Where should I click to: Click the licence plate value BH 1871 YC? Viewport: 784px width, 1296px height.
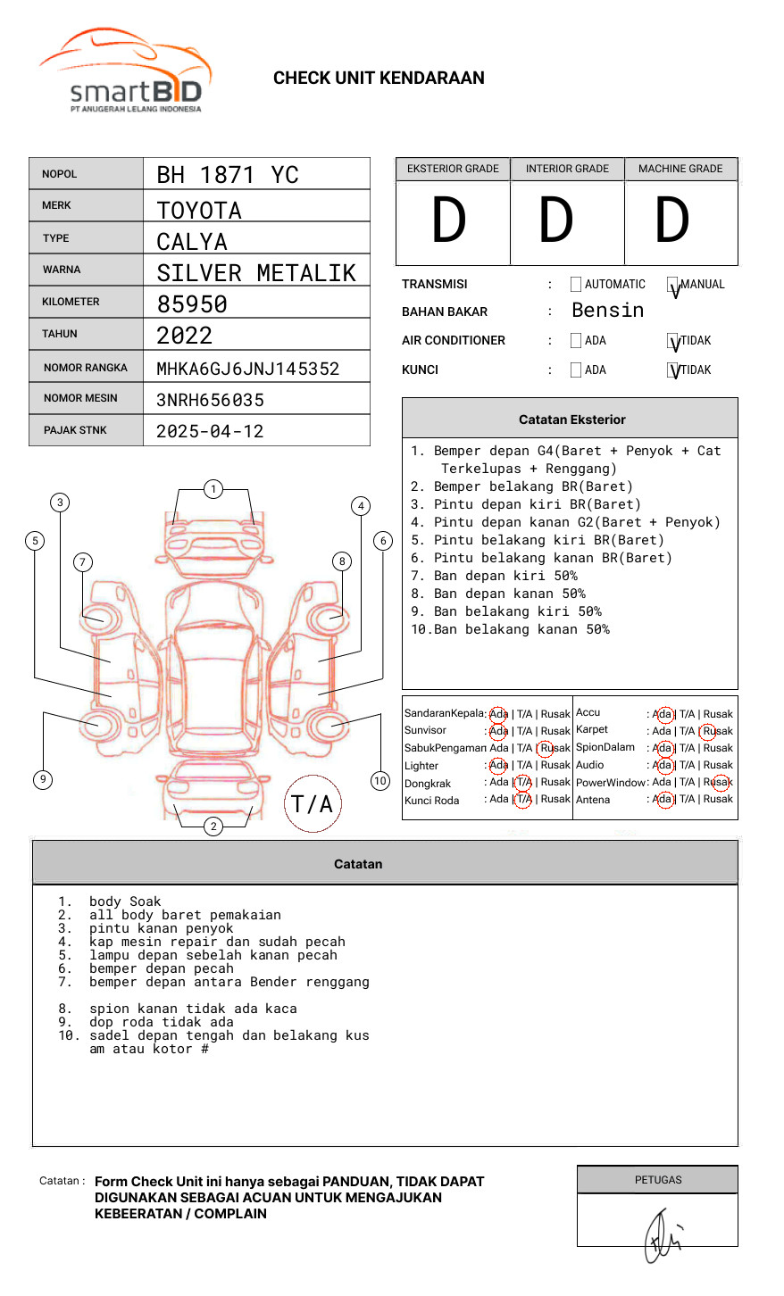coord(228,175)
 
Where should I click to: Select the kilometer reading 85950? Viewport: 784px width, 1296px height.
coord(192,304)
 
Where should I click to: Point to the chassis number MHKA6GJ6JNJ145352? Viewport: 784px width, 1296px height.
coord(247,369)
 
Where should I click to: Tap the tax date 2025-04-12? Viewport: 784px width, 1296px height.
coord(210,431)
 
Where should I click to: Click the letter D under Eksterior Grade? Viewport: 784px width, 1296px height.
coord(449,221)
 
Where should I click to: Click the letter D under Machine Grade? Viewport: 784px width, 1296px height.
coord(672,221)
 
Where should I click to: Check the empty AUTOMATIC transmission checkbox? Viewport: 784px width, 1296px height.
coord(576,285)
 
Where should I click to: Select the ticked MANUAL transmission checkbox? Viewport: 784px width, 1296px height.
coord(673,286)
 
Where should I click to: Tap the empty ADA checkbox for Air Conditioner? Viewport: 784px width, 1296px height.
coord(576,341)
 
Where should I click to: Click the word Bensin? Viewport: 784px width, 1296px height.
coord(607,311)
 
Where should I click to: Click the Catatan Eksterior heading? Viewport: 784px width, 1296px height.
coord(571,420)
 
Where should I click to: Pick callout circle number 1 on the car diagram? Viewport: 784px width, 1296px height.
coord(213,488)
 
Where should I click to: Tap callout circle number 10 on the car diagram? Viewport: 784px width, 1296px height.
coord(380,781)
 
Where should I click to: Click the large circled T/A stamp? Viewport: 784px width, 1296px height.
coord(313,803)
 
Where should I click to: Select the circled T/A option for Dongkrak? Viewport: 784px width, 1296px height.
coord(523,782)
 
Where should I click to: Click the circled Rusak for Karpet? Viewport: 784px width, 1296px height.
coord(717,731)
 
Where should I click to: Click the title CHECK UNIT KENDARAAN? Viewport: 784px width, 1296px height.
coord(379,79)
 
